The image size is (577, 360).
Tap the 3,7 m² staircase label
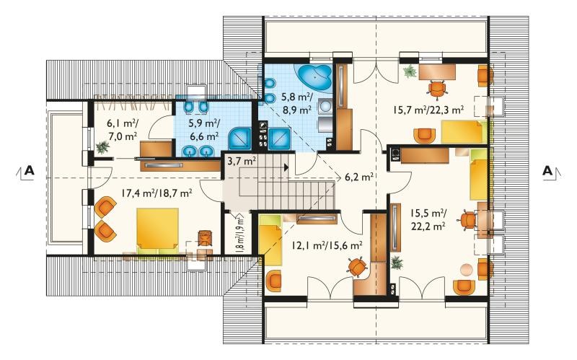[242, 161]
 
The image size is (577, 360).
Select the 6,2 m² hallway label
[359, 177]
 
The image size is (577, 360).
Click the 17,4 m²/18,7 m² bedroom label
[157, 193]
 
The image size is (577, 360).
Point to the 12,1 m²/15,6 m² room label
[327, 245]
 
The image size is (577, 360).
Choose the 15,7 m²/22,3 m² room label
[428, 110]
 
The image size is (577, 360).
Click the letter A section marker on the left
[29, 171]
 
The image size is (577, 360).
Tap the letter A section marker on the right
[548, 171]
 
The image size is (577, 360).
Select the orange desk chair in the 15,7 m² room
[437, 89]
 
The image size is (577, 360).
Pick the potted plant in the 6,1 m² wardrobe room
[102, 147]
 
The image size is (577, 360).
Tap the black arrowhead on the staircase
[286, 167]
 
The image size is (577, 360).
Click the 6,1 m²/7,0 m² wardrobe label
[123, 130]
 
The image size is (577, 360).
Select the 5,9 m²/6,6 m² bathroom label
[205, 130]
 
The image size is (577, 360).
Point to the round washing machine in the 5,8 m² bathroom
[326, 106]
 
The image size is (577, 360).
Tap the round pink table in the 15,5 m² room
[467, 269]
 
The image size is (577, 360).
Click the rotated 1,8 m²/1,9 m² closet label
[241, 234]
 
